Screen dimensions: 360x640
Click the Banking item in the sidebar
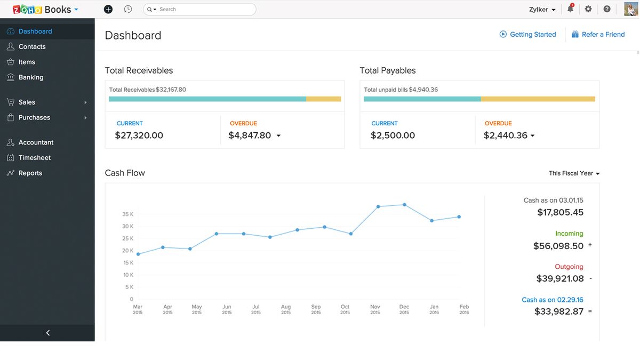click(x=30, y=77)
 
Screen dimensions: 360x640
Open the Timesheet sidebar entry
click(x=34, y=158)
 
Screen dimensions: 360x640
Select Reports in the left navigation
click(x=30, y=173)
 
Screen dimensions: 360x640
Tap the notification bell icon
click(x=570, y=9)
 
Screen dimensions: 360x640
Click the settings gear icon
click(x=588, y=9)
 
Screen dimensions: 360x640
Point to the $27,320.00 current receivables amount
click(x=139, y=135)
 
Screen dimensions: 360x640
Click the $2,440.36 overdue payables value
click(x=506, y=135)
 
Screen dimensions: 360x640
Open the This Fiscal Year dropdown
click(x=574, y=173)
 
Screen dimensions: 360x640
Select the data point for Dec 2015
click(x=404, y=204)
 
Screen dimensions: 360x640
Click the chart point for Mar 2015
click(x=138, y=254)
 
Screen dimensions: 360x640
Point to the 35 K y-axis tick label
click(x=128, y=214)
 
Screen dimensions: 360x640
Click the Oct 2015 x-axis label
click(x=345, y=309)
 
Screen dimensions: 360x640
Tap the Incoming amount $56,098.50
click(x=558, y=246)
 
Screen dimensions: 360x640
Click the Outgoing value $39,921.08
click(x=560, y=278)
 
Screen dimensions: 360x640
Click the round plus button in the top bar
click(x=108, y=9)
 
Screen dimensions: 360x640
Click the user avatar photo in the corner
click(x=631, y=9)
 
